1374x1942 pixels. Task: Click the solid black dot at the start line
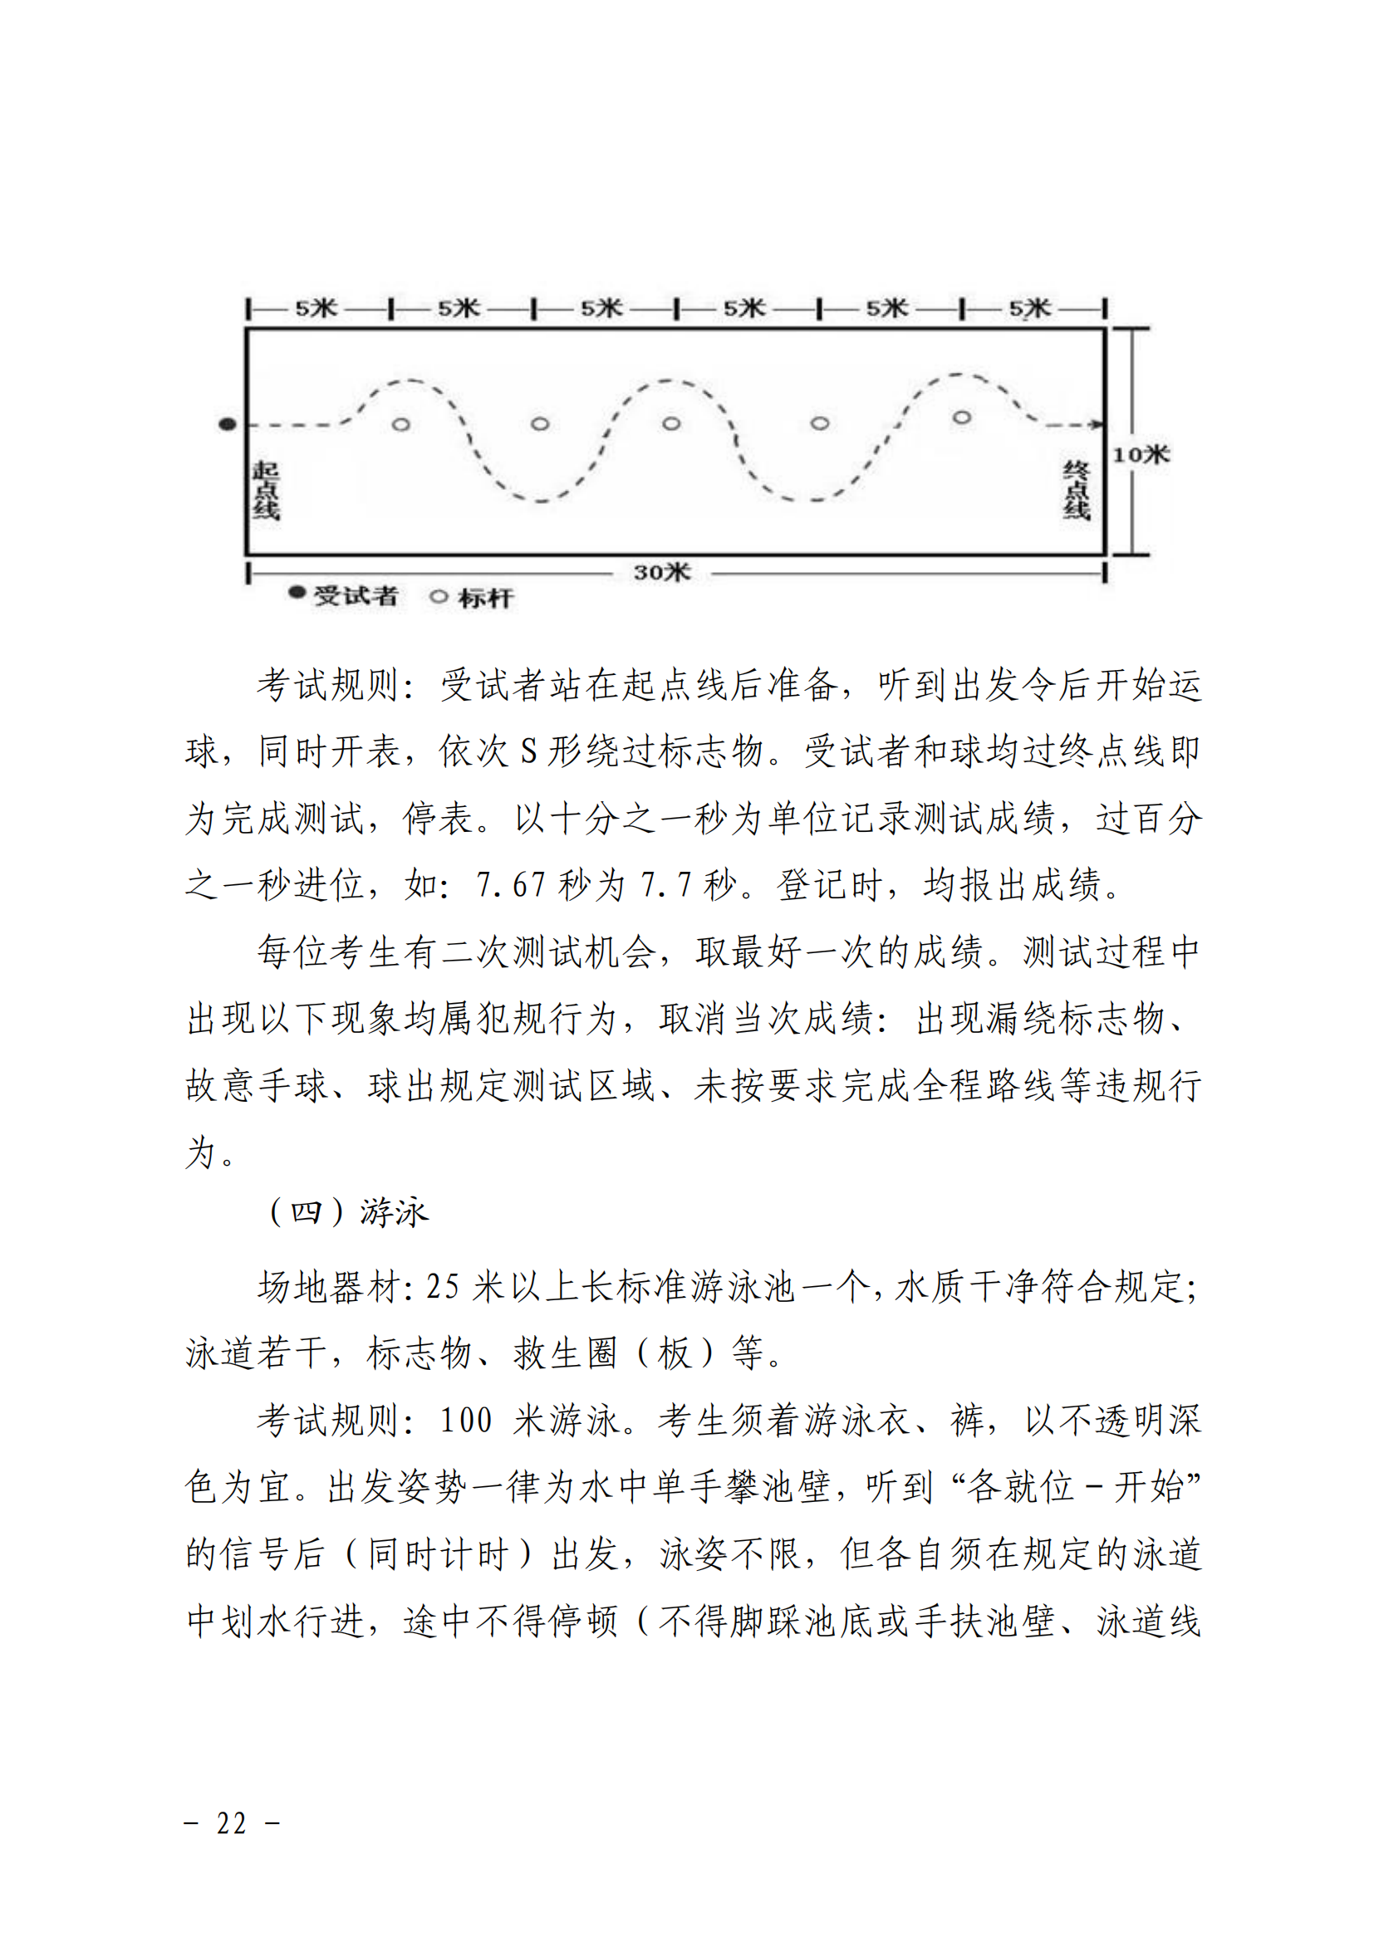point(228,423)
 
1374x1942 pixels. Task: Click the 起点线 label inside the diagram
point(266,491)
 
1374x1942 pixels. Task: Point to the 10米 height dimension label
point(1141,455)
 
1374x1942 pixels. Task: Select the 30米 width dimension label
point(662,573)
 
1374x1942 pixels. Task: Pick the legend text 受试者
point(356,596)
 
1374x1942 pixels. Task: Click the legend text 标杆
point(486,598)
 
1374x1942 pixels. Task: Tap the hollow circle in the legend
point(439,596)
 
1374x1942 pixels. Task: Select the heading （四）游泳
point(349,1213)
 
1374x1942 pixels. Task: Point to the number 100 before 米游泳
point(465,1419)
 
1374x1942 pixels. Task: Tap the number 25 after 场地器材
point(443,1288)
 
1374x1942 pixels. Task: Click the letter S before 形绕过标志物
point(529,751)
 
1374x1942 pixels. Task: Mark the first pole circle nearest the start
point(401,423)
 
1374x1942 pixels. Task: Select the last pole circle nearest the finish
point(962,418)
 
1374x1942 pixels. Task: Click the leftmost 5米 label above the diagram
point(317,308)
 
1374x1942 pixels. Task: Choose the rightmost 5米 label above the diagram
point(1029,308)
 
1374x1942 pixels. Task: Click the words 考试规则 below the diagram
point(328,685)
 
